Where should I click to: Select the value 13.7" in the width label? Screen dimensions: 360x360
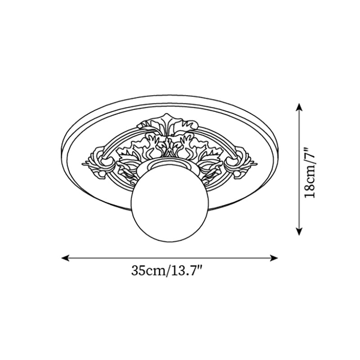pos(185,271)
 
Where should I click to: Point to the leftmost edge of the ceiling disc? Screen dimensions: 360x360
pos(61,148)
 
